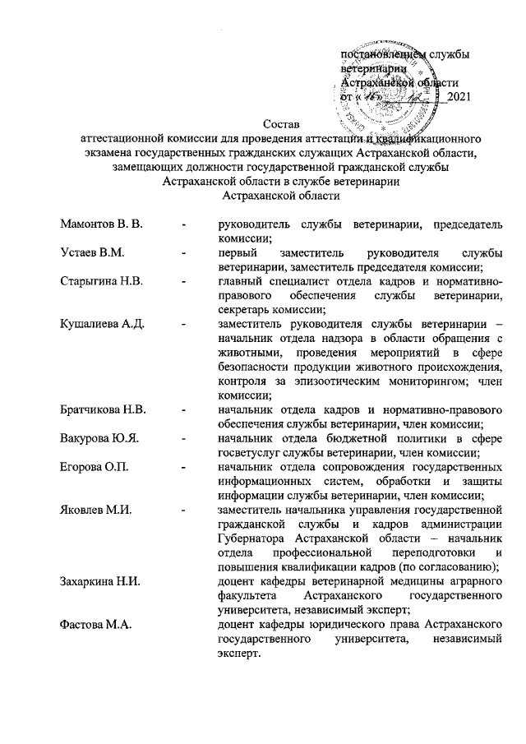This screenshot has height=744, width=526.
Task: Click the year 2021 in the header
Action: click(457, 99)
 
